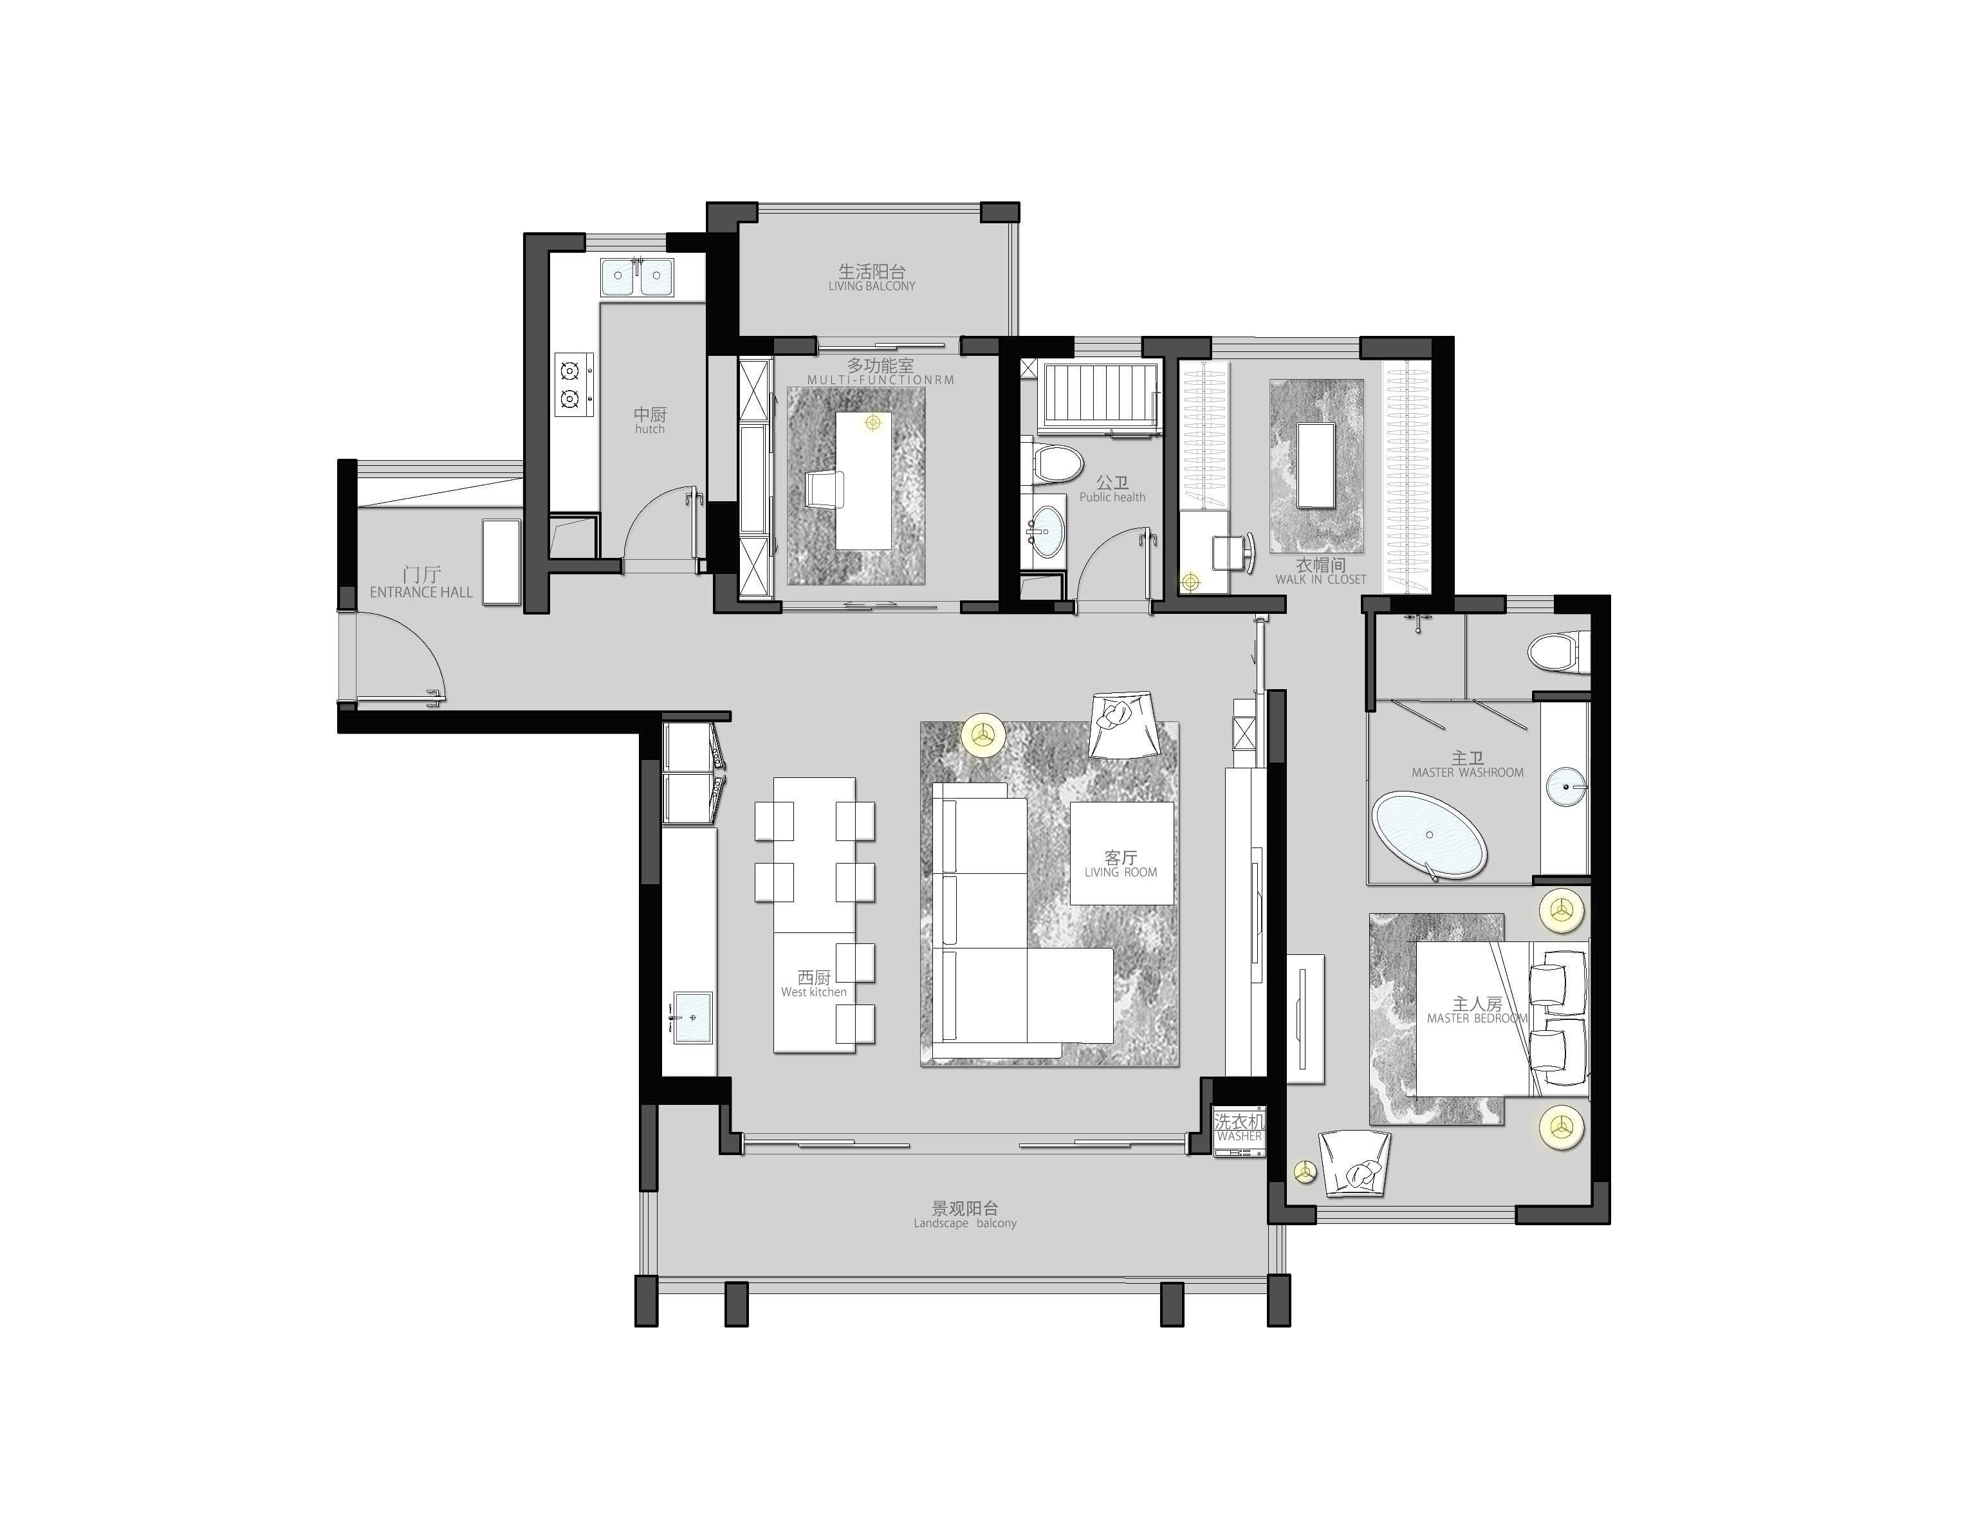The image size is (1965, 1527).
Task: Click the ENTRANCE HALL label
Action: coord(421,592)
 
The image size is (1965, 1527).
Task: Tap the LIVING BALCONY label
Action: coord(872,286)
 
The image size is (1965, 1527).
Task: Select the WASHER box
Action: coord(1239,1130)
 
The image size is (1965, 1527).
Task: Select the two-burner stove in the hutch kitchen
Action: coord(573,384)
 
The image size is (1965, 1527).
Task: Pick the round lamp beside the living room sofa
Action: coord(983,734)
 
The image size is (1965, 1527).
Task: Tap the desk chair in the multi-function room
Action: coord(825,490)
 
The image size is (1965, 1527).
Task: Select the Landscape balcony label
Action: coord(964,1223)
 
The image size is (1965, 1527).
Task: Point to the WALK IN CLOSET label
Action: coord(1320,580)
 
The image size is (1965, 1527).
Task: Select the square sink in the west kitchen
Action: coord(693,1017)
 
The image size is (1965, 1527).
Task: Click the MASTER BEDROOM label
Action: coord(1477,1019)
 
